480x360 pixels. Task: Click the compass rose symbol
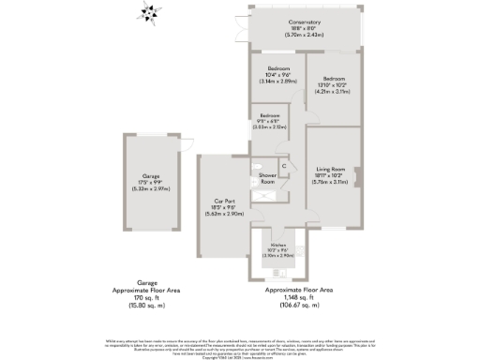(x=147, y=13)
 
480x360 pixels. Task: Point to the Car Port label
(x=224, y=203)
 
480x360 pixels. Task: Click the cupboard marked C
(x=283, y=166)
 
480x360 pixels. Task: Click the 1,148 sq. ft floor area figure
(x=299, y=297)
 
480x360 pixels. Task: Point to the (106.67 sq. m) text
(x=299, y=305)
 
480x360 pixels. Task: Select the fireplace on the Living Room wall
(x=362, y=173)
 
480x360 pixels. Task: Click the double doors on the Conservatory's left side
(x=248, y=28)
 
